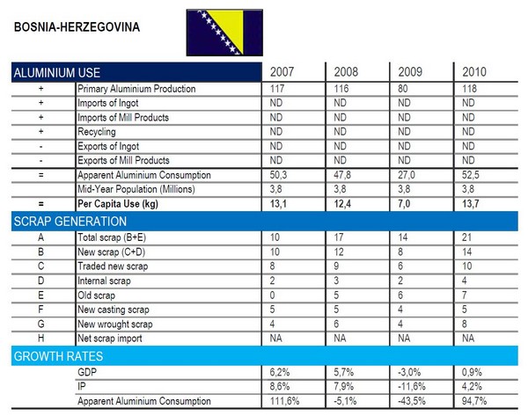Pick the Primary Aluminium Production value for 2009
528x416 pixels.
pyautogui.click(x=406, y=90)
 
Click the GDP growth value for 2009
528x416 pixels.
pyautogui.click(x=410, y=373)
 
